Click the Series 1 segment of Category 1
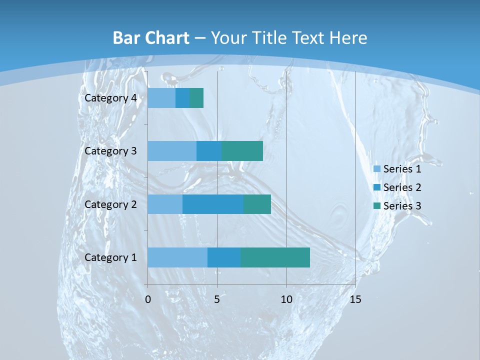pos(177,257)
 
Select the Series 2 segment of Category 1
pos(224,257)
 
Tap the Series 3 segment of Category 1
pos(275,257)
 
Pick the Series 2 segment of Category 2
pos(213,204)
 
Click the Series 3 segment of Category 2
pos(257,204)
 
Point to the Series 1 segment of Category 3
pos(172,151)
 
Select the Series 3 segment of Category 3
pos(242,151)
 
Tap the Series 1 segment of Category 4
pos(161,98)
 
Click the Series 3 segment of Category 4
pos(196,98)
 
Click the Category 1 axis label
pos(110,257)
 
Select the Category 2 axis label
pos(110,204)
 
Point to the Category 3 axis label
pos(110,151)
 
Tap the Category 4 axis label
pos(110,98)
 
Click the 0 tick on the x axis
pos(148,299)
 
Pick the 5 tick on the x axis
pos(217,299)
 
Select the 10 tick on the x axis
pos(286,299)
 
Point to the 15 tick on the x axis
pos(355,299)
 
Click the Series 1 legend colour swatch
pos(377,169)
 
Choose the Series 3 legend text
pos(402,206)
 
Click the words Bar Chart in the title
pos(151,38)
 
